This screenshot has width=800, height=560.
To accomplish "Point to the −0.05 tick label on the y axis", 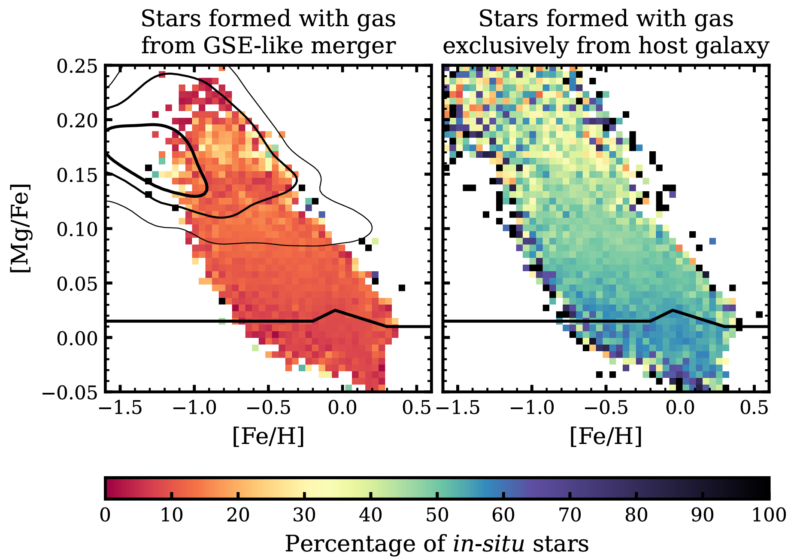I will coord(70,392).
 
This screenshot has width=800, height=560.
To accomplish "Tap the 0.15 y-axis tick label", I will coord(77,175).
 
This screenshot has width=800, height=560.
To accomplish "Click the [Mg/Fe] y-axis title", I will coord(21,228).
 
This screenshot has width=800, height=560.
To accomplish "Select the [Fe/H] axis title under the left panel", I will coord(268,436).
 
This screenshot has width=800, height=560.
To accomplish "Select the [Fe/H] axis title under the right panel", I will coord(606,436).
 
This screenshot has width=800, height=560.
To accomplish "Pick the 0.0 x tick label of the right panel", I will coord(680,407).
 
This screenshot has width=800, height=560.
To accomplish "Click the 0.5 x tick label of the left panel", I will coord(416,407).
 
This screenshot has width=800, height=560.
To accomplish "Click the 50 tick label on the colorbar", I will coord(437,514).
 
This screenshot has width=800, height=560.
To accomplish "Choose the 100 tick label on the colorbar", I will coord(769,514).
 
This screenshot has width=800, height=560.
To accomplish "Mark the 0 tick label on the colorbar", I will coord(105,514).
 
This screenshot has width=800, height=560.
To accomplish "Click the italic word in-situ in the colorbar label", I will coord(488,544).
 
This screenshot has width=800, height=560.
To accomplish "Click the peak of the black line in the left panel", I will coord(335,310).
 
